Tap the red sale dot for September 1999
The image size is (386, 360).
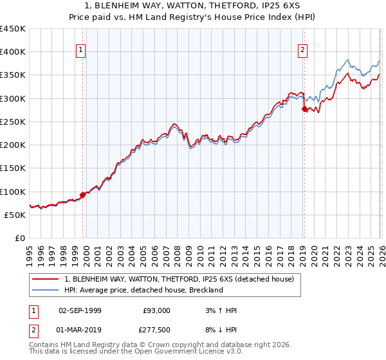(82, 195)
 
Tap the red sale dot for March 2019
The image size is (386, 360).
(304, 109)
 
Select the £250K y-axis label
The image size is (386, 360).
(14, 122)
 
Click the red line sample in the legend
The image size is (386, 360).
(46, 279)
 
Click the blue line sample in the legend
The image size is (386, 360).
(46, 290)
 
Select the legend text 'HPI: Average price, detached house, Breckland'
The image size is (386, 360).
(143, 290)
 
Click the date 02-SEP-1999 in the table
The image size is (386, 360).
(80, 310)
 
